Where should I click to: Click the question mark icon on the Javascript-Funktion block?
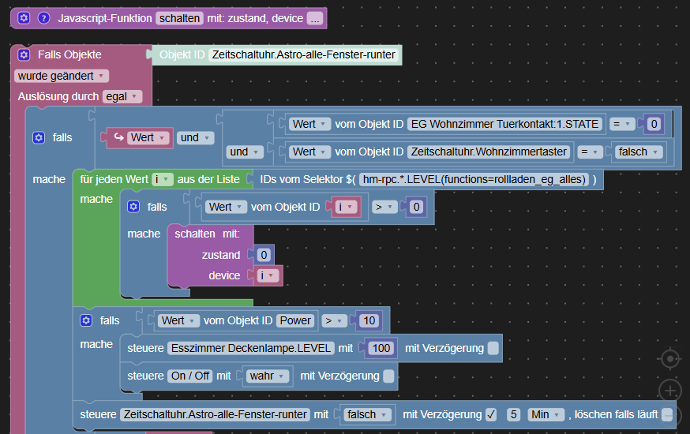(43, 17)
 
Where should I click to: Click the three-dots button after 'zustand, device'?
(315, 17)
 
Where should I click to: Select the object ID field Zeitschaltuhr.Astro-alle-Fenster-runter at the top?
(303, 55)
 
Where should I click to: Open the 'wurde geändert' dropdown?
(62, 76)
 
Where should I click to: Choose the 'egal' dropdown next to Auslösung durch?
(122, 96)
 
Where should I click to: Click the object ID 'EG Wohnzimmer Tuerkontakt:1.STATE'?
(505, 124)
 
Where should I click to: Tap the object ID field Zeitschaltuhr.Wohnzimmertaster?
(489, 152)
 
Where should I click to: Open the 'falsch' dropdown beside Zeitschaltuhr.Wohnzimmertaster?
(639, 152)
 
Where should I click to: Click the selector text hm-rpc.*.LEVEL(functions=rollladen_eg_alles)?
(474, 179)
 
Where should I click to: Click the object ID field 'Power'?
(295, 320)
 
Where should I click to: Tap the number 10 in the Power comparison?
(368, 320)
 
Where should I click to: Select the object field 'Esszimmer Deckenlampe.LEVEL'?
(250, 348)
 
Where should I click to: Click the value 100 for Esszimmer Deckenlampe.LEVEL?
(381, 348)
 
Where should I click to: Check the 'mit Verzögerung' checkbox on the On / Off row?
(388, 376)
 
